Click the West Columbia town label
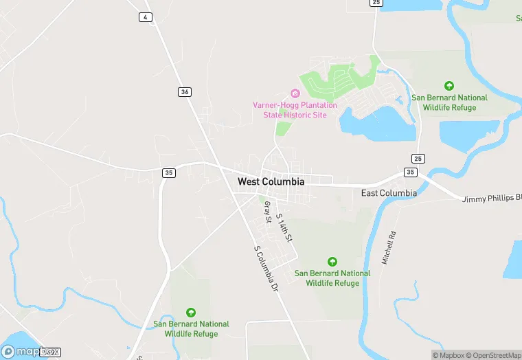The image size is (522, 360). click(271, 182)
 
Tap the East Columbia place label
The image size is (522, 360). click(389, 193)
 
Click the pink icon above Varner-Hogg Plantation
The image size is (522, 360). click(295, 93)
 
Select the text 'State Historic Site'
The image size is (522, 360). click(295, 115)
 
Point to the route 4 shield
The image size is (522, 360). click(145, 17)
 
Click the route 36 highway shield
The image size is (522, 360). click(183, 91)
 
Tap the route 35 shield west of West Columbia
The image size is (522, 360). click(169, 173)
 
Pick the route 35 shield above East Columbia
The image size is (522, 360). click(411, 172)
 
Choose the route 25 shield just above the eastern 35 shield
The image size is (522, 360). click(418, 159)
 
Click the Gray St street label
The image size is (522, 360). click(267, 211)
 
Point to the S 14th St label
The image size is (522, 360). click(284, 227)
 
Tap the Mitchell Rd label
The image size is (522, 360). click(389, 248)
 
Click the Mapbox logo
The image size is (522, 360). click(30, 351)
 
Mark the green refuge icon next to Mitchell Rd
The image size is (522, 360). click(332, 261)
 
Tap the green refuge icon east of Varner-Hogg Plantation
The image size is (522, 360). click(449, 86)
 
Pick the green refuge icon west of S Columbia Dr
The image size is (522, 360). click(191, 312)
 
